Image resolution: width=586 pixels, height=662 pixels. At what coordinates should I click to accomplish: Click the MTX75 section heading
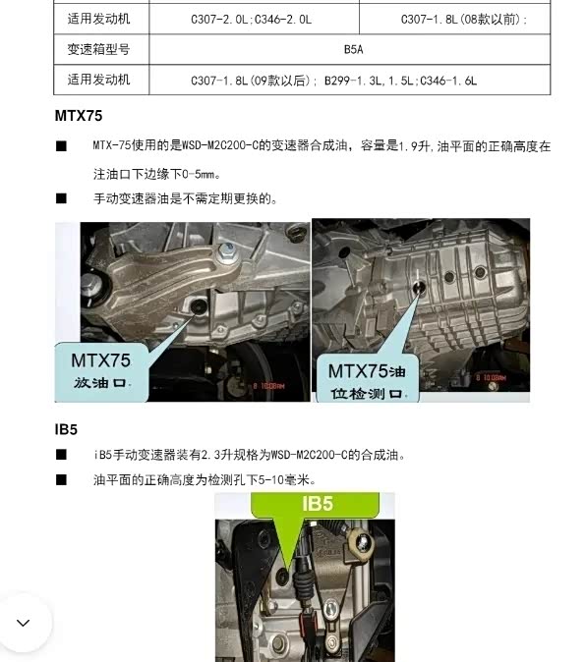pos(79,116)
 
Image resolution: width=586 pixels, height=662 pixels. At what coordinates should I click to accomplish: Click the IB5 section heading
pos(66,429)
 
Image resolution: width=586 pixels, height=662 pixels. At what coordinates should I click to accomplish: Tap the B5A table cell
pos(353,50)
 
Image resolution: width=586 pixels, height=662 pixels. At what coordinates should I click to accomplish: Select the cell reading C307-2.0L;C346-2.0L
pos(252,20)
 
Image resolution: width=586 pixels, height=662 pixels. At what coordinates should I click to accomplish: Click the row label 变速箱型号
pos(98,49)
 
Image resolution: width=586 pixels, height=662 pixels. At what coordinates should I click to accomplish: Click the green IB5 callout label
pos(317,504)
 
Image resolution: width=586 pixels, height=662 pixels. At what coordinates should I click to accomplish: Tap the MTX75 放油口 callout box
pos(101,371)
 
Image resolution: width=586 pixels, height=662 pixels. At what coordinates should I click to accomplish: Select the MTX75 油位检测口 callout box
pos(367,378)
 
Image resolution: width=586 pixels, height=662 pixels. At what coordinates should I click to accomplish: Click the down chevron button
pos(24,623)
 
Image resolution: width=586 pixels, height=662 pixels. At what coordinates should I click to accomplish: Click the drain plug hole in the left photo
pos(199,306)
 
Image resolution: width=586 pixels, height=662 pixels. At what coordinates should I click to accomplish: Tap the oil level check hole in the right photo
pos(419,287)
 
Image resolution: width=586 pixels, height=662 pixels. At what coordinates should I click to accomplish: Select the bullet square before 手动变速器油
pos(61,198)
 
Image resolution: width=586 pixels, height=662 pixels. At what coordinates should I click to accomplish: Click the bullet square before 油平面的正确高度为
pos(61,479)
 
